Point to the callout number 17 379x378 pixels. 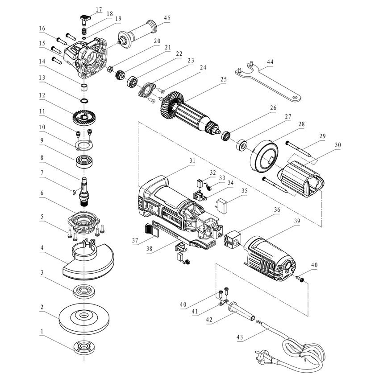(98, 9)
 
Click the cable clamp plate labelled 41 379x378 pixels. (221, 305)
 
